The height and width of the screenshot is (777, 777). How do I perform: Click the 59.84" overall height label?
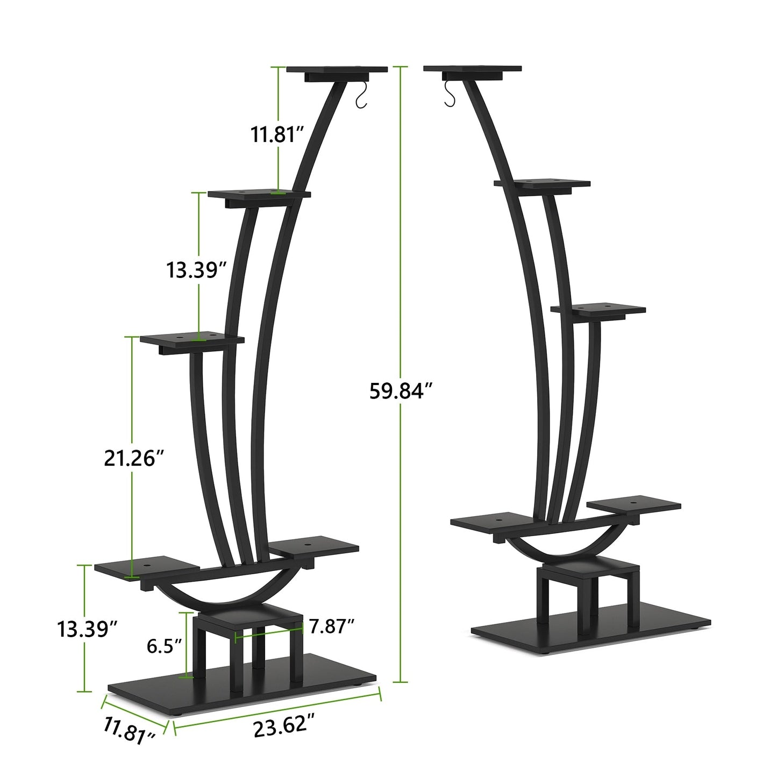coord(401,391)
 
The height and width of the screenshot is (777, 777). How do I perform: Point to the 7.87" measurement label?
coord(332,626)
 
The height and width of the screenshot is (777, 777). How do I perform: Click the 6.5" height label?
coord(165,646)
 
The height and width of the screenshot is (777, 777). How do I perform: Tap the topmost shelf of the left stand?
coord(337,70)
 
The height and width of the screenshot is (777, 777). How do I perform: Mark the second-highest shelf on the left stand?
coord(259,194)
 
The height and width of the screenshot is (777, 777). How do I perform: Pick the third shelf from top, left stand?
coord(192,339)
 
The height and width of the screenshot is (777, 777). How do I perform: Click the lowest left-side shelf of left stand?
coord(147,568)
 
